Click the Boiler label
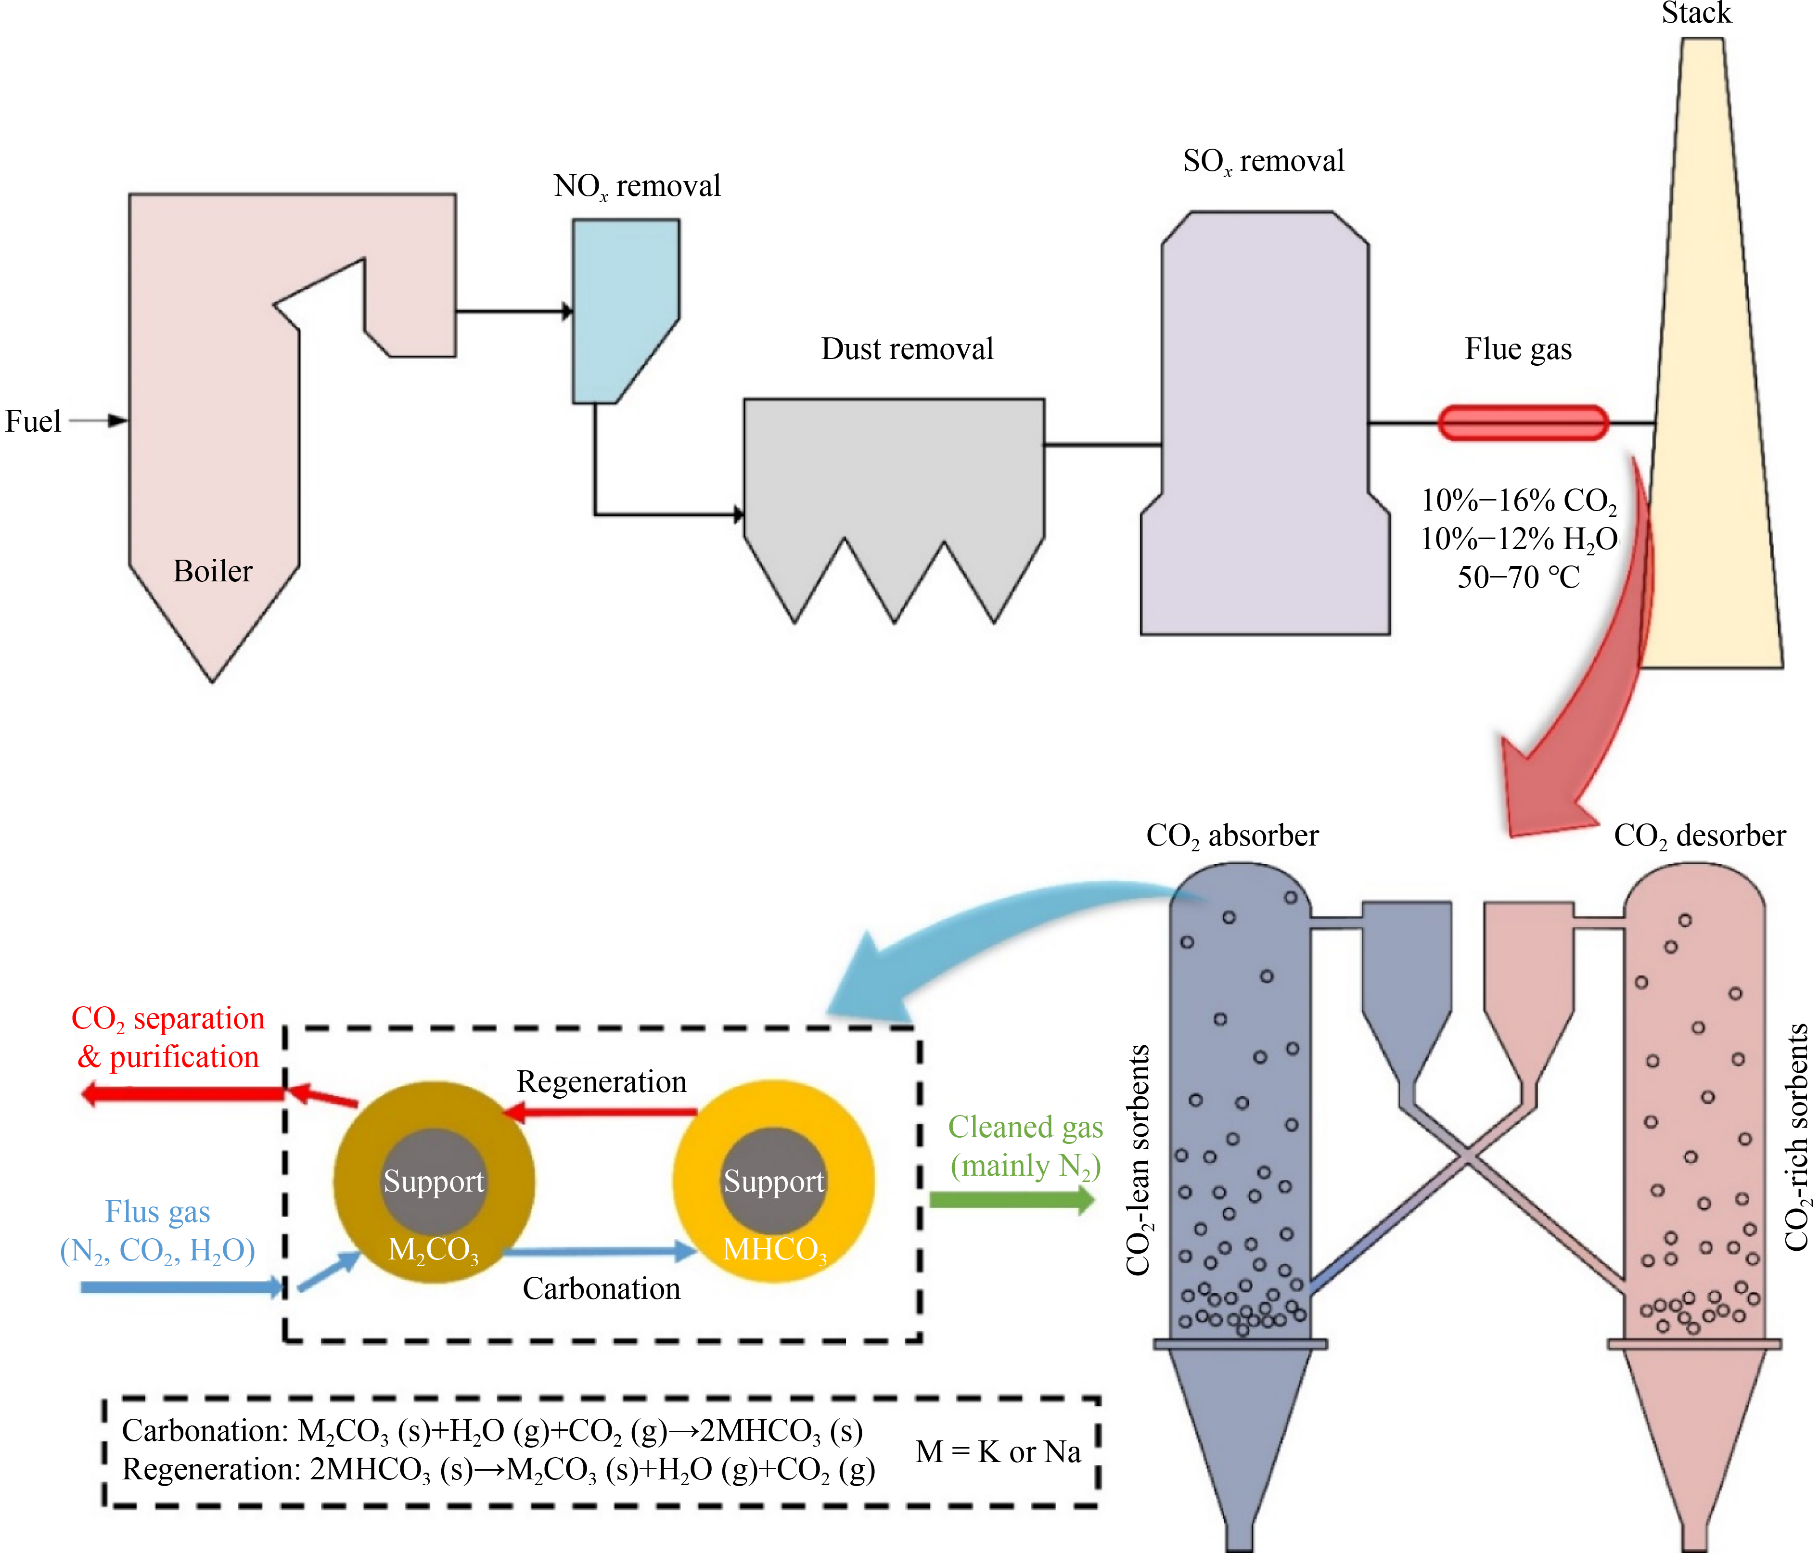(x=212, y=572)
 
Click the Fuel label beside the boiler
(x=33, y=422)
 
